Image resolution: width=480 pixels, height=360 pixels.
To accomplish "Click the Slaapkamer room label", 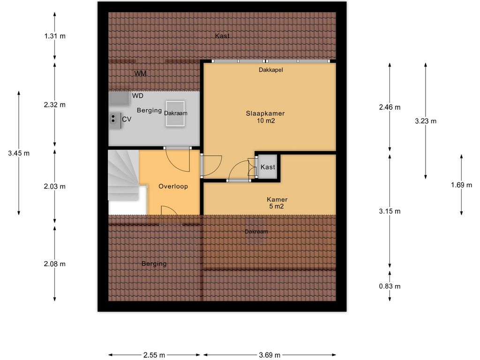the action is click(265, 113).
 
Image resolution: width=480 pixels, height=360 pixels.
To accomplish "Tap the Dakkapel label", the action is click(270, 70).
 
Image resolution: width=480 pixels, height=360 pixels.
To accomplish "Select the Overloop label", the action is click(173, 187).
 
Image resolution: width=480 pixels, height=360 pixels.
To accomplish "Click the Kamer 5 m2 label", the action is click(277, 202).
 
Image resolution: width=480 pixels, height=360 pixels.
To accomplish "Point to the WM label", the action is click(140, 74).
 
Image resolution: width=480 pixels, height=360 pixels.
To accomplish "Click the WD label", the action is click(137, 96).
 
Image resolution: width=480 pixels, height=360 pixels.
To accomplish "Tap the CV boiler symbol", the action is click(114, 119).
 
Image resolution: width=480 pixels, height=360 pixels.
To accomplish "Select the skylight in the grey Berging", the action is click(175, 113).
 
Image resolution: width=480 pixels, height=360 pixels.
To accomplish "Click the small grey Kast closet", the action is click(268, 167).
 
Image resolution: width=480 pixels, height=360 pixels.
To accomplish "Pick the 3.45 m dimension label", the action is click(19, 153).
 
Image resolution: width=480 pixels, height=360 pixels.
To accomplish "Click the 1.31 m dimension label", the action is click(55, 36).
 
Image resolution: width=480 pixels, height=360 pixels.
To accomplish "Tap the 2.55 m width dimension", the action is click(154, 355).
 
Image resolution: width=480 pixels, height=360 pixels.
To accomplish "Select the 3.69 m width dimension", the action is click(270, 355).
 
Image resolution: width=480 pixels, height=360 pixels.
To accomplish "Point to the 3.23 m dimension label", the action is click(426, 121).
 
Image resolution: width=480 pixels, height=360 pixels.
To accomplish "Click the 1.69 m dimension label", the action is click(461, 185).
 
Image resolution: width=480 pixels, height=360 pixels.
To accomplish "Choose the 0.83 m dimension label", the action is click(390, 286).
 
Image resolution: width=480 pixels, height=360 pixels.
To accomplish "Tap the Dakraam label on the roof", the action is click(256, 232).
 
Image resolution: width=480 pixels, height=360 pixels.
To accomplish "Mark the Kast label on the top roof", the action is click(222, 36).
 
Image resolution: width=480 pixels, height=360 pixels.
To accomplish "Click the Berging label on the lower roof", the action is click(154, 264).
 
